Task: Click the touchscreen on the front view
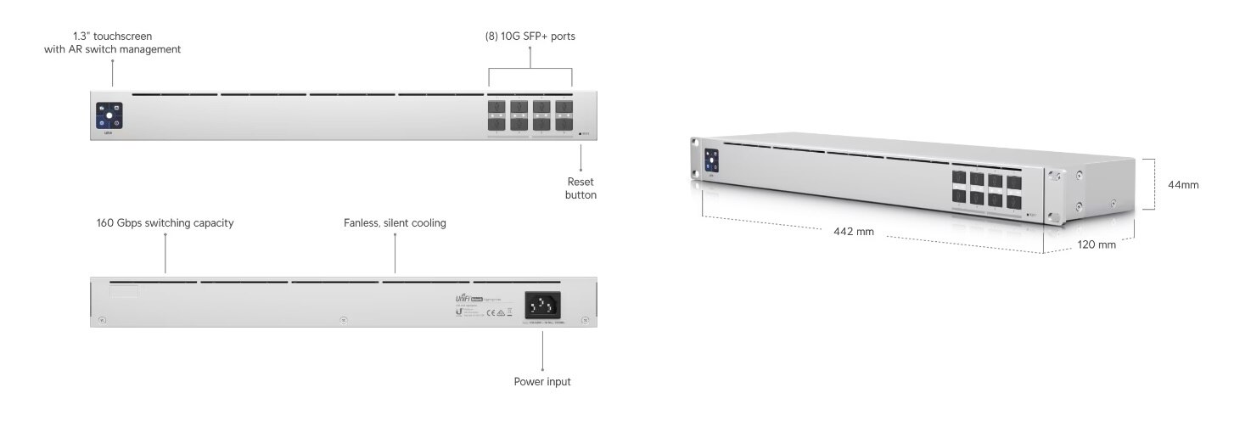click(x=109, y=115)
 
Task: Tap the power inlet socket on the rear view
click(x=542, y=305)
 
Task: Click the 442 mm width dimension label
click(x=853, y=232)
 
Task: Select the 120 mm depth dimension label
click(x=1097, y=244)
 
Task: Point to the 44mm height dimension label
click(x=1183, y=184)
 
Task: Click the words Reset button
click(x=581, y=188)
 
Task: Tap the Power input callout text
click(x=542, y=382)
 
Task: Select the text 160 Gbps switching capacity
click(x=165, y=223)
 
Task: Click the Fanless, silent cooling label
click(x=395, y=223)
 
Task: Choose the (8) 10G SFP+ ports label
click(x=530, y=36)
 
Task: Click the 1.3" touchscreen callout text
click(x=113, y=42)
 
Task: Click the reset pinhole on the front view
click(x=581, y=133)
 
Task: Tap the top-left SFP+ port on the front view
click(x=496, y=108)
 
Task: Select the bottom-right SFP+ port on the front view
click(x=564, y=124)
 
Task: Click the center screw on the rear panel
click(x=343, y=320)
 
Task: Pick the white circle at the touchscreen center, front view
click(x=109, y=115)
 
